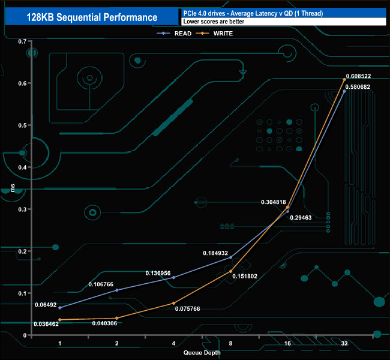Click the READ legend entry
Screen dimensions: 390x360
coord(174,34)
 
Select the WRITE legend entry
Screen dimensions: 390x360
coord(214,34)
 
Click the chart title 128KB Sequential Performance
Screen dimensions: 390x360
coord(92,17)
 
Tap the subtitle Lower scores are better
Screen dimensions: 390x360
coord(214,22)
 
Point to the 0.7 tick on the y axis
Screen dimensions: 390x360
coord(22,41)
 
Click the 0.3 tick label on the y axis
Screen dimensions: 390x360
coord(22,209)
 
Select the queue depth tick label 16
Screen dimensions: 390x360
coord(287,343)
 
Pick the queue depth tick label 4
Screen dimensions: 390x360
coord(173,343)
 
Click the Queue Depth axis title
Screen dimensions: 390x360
coord(202,352)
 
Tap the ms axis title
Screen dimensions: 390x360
coord(13,188)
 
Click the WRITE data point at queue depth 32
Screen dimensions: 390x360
coord(344,80)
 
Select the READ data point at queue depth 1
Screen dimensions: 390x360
coord(60,308)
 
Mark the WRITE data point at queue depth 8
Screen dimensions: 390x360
coord(230,271)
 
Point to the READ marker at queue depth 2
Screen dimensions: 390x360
coord(117,290)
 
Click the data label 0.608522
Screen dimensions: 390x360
coord(358,76)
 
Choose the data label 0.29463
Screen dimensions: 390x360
coord(301,218)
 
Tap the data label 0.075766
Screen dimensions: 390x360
coord(188,309)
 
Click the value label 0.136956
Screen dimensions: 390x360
coord(158,273)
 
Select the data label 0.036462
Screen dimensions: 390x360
coord(46,324)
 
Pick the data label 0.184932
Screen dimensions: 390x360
coord(215,253)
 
